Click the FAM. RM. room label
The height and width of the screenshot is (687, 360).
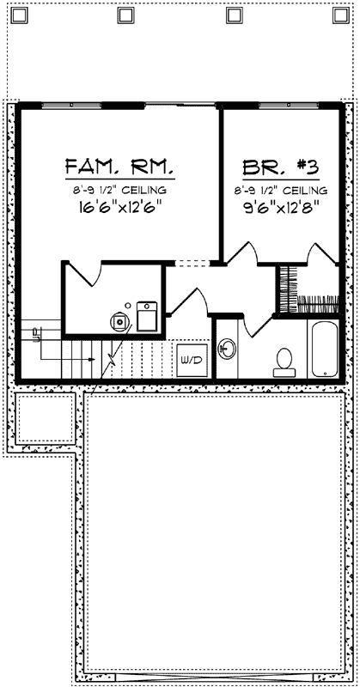120,166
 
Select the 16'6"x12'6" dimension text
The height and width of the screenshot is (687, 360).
120,207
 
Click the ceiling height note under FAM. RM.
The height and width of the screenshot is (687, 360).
120,189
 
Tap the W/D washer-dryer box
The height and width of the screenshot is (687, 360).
191,359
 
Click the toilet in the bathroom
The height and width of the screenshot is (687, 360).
284,362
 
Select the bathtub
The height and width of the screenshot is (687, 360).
323,349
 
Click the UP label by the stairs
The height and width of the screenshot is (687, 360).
36,337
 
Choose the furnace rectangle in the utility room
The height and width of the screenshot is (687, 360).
147,316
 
